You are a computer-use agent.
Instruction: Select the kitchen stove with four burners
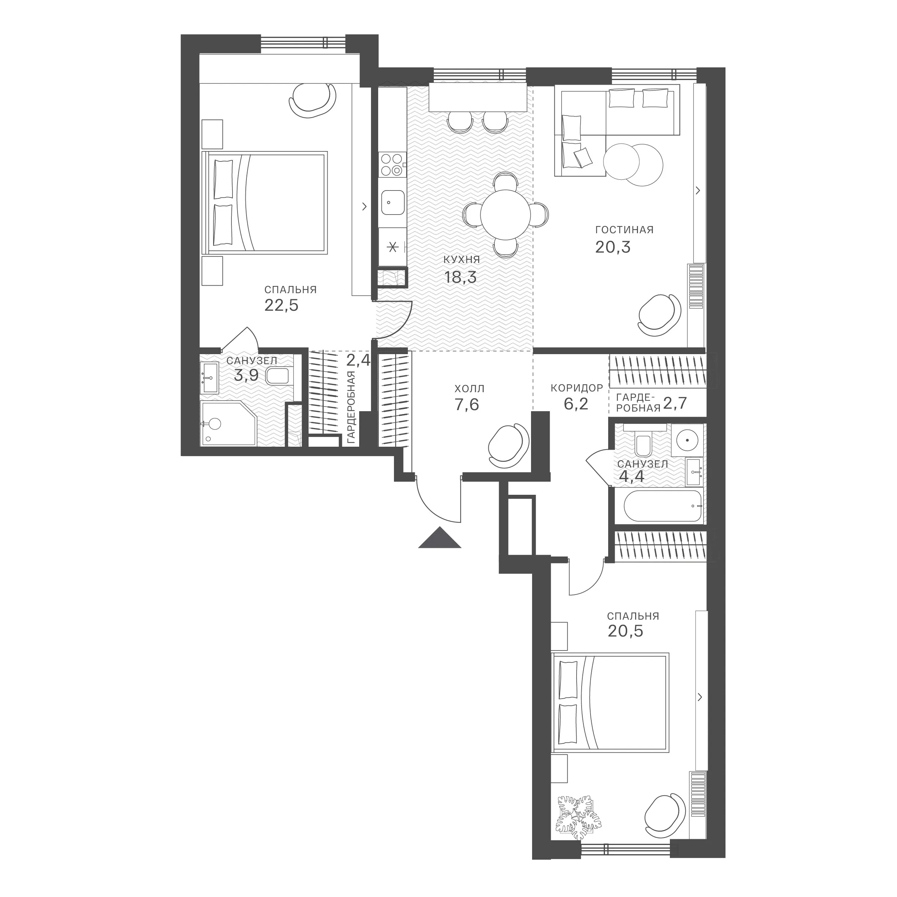(x=392, y=165)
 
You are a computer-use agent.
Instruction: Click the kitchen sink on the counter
(x=392, y=202)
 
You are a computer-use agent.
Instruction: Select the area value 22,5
(x=281, y=305)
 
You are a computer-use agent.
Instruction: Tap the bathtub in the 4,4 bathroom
(x=663, y=506)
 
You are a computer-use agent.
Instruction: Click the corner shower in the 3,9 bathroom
(x=229, y=423)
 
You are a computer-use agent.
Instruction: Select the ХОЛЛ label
(x=469, y=388)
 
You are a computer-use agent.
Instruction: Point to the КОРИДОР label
(x=577, y=388)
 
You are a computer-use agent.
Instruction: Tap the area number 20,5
(x=625, y=631)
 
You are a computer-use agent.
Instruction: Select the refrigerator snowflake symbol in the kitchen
(x=393, y=247)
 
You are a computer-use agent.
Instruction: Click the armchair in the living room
(x=659, y=314)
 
